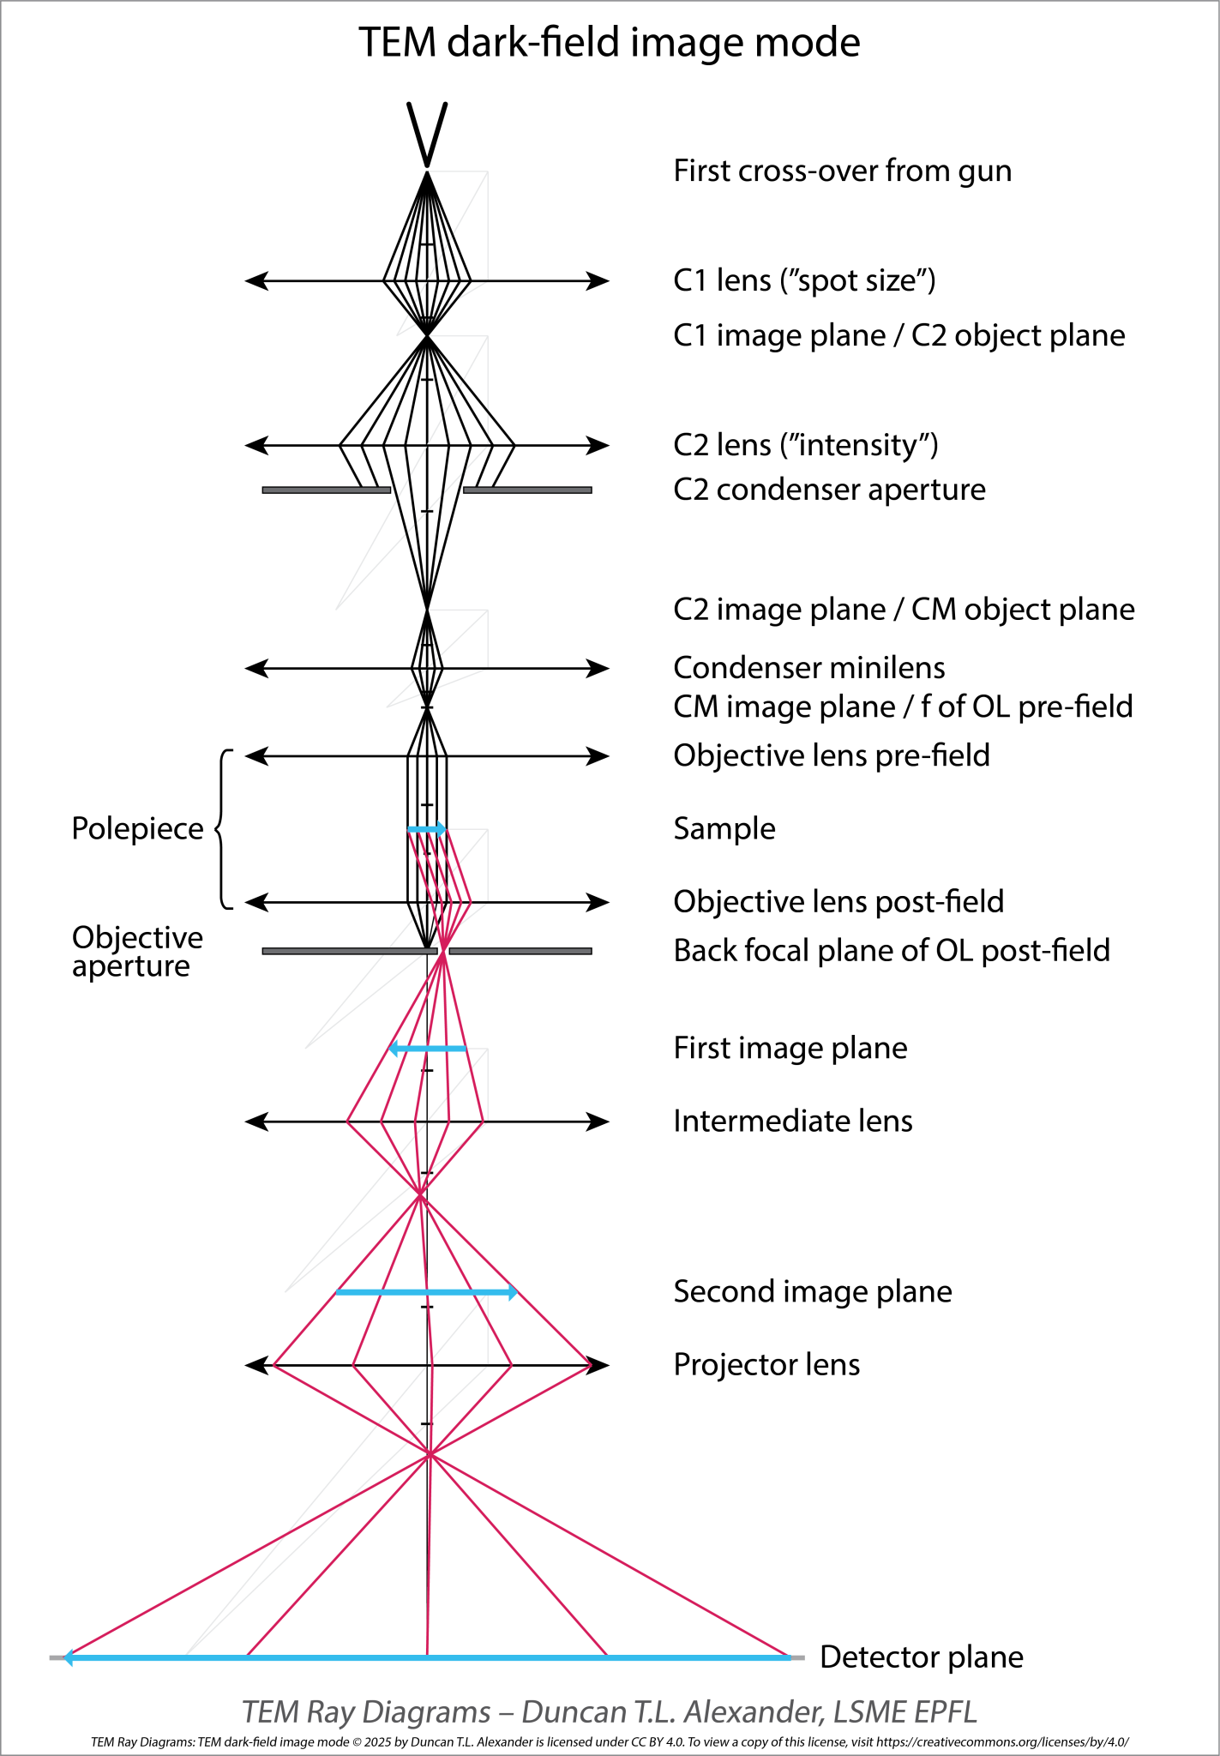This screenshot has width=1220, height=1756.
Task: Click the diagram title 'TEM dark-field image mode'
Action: [609, 43]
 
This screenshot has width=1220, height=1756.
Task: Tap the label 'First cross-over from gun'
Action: [842, 171]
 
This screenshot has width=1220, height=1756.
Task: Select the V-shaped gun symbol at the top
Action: [427, 134]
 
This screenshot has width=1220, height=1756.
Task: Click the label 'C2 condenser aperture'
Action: [829, 490]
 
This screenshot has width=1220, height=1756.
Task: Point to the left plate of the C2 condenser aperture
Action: [326, 490]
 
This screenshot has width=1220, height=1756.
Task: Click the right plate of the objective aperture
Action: [520, 951]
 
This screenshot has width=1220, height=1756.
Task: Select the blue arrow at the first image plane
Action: [428, 1049]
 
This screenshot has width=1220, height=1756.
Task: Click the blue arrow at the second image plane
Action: [427, 1292]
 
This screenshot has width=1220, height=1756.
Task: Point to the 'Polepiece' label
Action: [137, 829]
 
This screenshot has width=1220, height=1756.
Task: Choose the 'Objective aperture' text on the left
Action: [137, 952]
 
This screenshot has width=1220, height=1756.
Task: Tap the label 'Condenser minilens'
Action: [808, 668]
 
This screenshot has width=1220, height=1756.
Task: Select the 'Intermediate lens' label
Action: [792, 1122]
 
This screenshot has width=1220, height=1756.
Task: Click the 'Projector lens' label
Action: [766, 1365]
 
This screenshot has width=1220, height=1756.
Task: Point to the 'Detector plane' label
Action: [921, 1657]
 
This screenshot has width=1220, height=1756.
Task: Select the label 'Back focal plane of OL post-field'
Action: [891, 951]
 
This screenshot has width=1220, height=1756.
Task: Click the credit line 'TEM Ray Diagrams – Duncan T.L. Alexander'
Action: [609, 1711]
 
